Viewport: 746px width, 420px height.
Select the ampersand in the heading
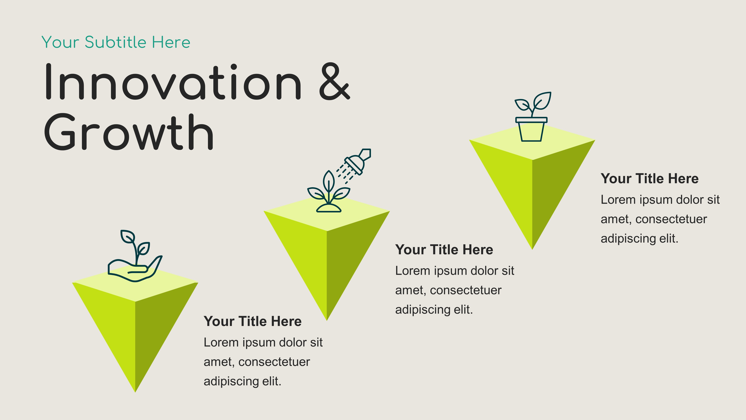tap(334, 81)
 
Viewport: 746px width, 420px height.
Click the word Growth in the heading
tap(129, 132)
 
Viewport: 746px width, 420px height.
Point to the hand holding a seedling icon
tap(135, 256)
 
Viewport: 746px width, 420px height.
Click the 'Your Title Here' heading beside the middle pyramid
tap(444, 250)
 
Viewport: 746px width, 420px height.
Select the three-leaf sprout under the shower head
tap(329, 191)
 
